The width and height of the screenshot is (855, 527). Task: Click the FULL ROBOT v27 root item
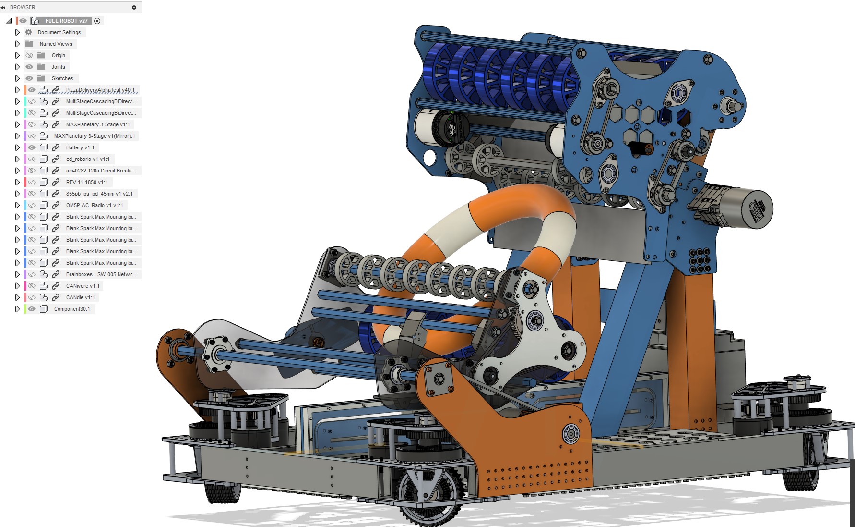tap(66, 21)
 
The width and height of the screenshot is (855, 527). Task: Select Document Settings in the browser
tap(59, 32)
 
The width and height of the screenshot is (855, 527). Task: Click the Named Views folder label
tap(56, 44)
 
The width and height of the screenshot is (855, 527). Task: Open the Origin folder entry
tap(58, 55)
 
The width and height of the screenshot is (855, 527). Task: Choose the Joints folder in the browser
tap(58, 67)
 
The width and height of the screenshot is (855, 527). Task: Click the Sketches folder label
tap(62, 78)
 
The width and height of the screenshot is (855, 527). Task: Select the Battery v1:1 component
tap(80, 147)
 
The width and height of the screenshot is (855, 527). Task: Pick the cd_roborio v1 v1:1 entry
tap(88, 159)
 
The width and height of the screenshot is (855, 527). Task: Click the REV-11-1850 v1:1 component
tap(87, 182)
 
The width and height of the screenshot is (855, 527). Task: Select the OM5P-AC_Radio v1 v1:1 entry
tap(95, 205)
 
